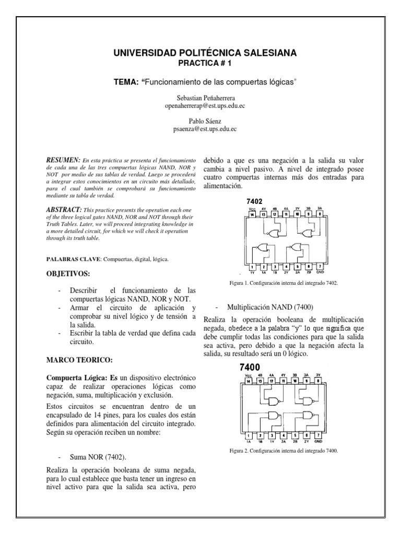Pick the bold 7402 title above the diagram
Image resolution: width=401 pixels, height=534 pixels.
(254, 201)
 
